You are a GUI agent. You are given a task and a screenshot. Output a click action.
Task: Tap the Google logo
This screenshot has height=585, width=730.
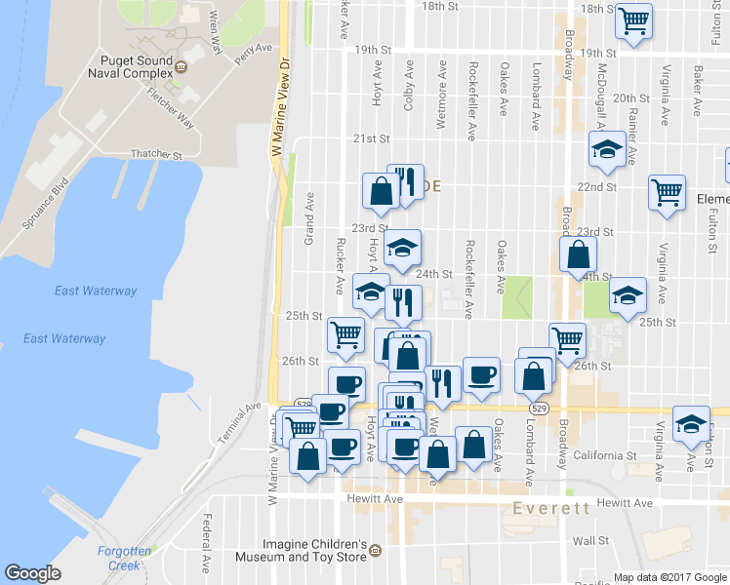pyautogui.click(x=32, y=573)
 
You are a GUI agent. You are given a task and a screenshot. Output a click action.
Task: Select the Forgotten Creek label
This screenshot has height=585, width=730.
pyautogui.click(x=123, y=558)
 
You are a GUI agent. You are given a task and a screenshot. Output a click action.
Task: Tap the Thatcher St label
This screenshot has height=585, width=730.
pyautogui.click(x=156, y=155)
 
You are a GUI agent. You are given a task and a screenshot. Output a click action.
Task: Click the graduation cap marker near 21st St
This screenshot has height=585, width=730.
pyautogui.click(x=607, y=150)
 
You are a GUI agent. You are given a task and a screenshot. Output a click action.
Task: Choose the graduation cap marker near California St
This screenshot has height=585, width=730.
pyautogui.click(x=691, y=422)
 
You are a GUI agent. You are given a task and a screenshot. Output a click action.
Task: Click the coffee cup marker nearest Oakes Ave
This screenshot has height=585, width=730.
pyautogui.click(x=480, y=375)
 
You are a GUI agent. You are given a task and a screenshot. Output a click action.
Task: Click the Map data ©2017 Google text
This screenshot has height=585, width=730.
pyautogui.click(x=669, y=577)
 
